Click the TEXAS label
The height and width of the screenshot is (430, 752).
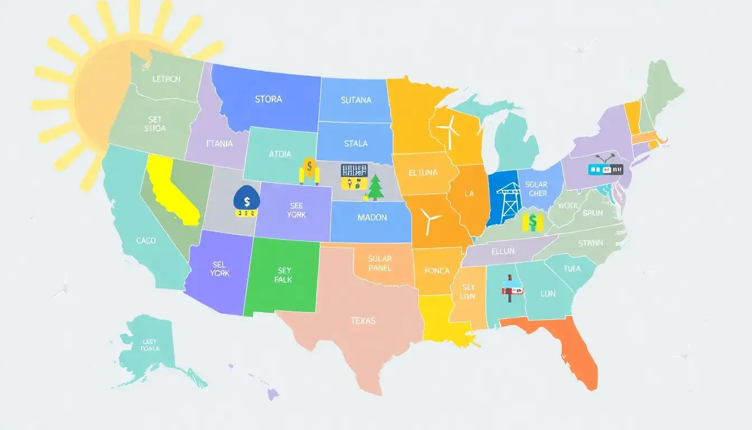[363, 321]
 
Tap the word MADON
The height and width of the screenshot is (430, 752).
[372, 217]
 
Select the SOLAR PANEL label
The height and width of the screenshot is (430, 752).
[380, 263]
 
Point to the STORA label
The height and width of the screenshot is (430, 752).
[269, 99]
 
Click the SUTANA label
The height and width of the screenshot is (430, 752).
[356, 100]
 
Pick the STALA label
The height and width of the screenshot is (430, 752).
[356, 143]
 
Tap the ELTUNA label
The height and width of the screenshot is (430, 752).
[423, 172]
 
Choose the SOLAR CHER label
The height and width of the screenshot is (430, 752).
[537, 189]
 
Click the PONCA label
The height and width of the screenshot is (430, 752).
[437, 271]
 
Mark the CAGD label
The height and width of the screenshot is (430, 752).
[146, 240]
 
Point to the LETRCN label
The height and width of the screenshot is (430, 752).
[167, 79]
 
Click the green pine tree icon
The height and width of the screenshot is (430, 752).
[375, 188]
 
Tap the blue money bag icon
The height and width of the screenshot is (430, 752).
[246, 200]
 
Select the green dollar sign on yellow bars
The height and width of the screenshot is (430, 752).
[532, 222]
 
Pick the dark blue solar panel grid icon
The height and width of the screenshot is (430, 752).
[354, 170]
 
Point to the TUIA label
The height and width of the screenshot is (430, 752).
[572, 269]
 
